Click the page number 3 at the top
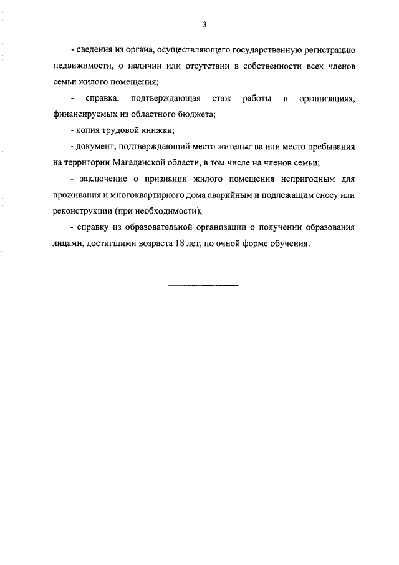tap(204, 24)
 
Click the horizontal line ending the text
tap(203, 286)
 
